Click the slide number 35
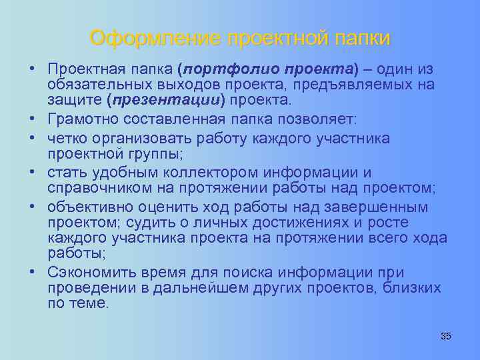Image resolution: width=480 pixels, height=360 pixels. [446, 336]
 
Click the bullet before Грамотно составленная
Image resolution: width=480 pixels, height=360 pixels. [32, 119]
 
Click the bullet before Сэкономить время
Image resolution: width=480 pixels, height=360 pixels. [32, 273]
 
